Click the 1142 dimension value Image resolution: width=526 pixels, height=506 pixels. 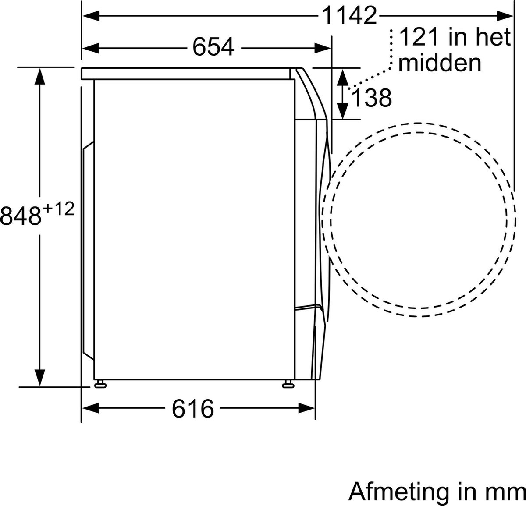click(x=349, y=16)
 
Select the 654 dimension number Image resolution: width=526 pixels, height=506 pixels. click(x=213, y=47)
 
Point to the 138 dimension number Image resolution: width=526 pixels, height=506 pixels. click(x=372, y=98)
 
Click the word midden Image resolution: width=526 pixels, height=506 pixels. click(x=440, y=63)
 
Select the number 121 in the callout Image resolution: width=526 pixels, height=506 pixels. click(x=418, y=37)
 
